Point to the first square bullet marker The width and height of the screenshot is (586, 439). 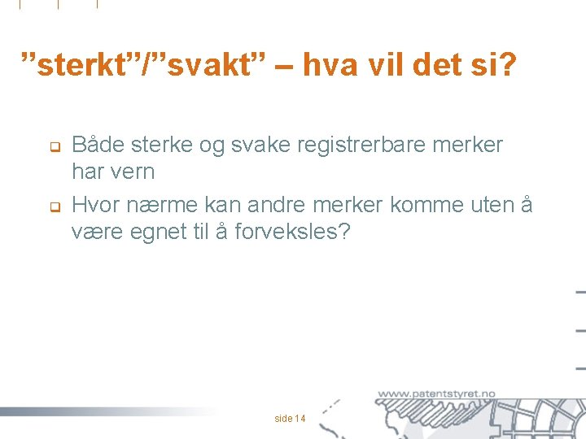(x=48, y=148)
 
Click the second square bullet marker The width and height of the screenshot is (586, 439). (x=48, y=206)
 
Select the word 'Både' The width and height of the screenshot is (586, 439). (x=98, y=146)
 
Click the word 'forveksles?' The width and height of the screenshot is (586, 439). (x=293, y=233)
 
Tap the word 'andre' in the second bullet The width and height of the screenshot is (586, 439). (x=270, y=204)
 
